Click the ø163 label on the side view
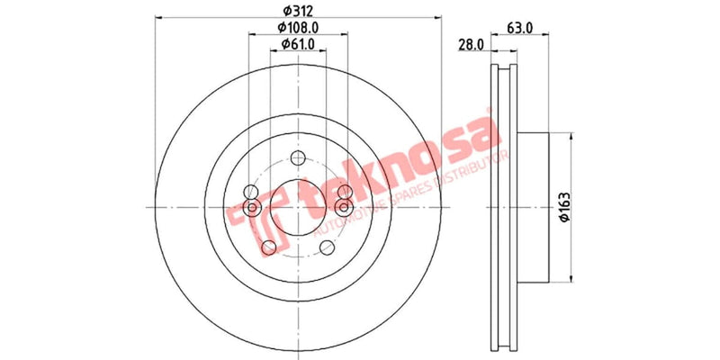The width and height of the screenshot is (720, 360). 564,207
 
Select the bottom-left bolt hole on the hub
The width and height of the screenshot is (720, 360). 268,247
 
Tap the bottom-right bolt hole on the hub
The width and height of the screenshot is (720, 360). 324,247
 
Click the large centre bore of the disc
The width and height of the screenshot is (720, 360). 296,208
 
